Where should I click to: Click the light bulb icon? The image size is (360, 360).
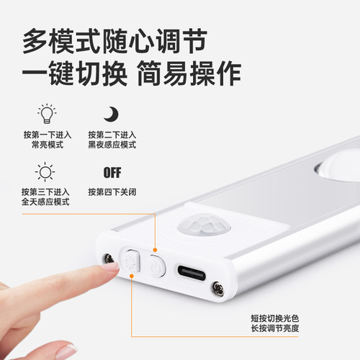pyautogui.click(x=45, y=114)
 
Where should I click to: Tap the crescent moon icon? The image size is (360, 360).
pyautogui.click(x=111, y=114)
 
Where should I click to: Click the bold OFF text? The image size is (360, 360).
pyautogui.click(x=112, y=173)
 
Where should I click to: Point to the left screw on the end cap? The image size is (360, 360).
pyautogui.click(x=109, y=258)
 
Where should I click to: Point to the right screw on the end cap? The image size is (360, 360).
pyautogui.click(x=215, y=289)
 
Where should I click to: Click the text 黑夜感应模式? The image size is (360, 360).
pyautogui.click(x=112, y=145)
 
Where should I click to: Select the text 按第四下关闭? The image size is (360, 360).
pyautogui.click(x=112, y=192)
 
